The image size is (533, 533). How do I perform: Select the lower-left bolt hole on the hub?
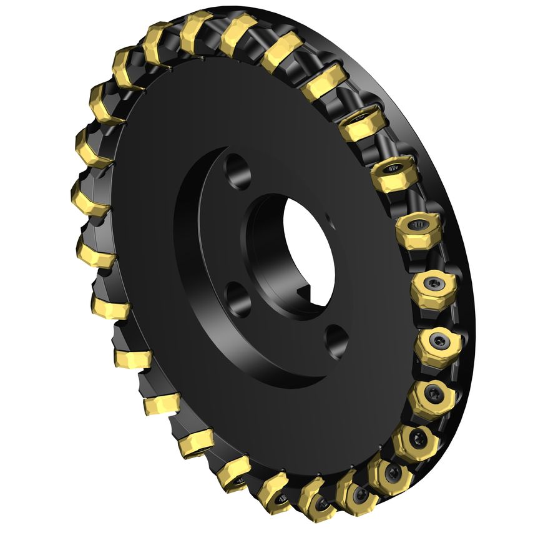pos(238,298)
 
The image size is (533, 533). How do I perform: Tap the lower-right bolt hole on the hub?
pos(337,340)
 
